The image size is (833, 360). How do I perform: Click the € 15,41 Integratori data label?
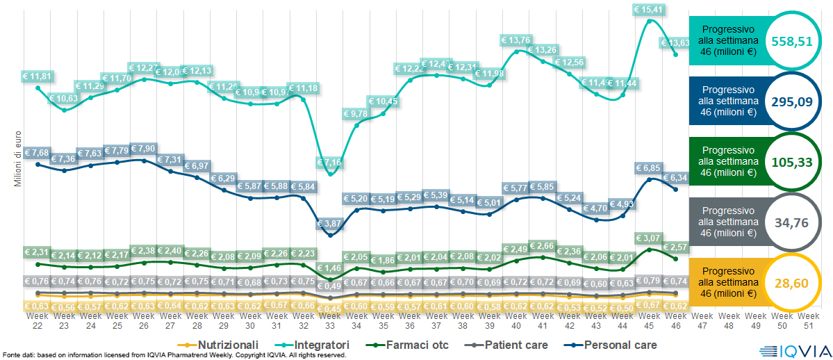tap(650, 10)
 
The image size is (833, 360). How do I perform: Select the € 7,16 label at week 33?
tap(330, 163)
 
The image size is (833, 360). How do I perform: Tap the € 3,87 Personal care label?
tap(330, 223)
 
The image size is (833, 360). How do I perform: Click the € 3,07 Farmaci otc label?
tap(650, 238)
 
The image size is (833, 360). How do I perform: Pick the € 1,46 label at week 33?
tap(330, 268)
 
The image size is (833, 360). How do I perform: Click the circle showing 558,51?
tap(792, 41)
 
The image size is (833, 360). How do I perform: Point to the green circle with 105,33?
tap(792, 162)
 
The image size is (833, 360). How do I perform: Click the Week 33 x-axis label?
tap(330, 320)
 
